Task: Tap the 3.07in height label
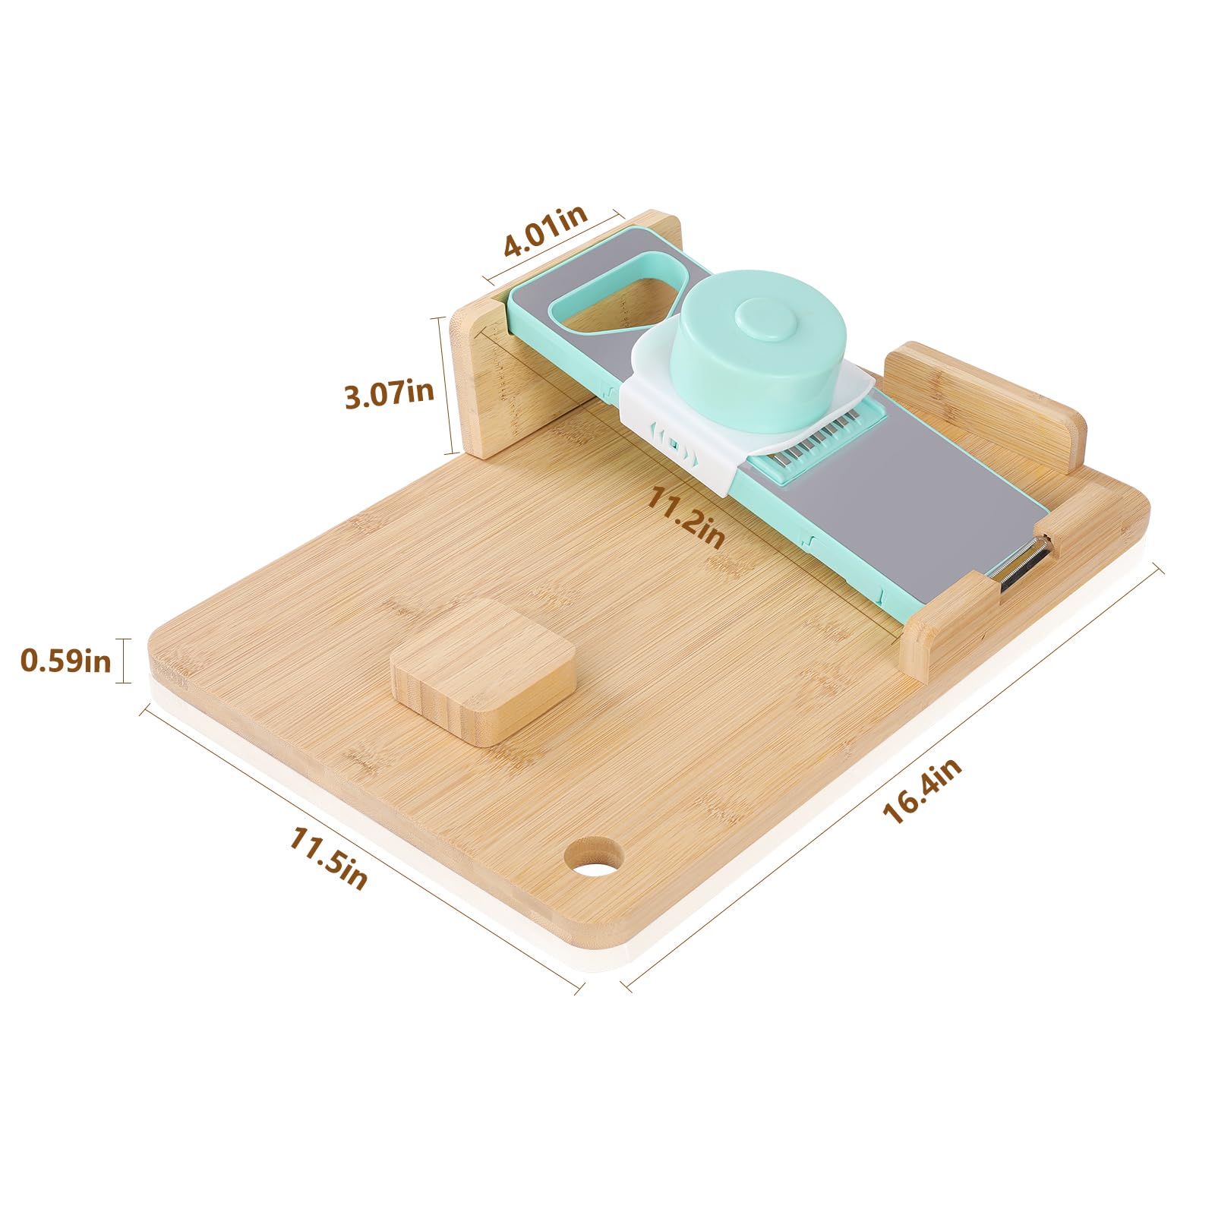[389, 393]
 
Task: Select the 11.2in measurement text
[685, 518]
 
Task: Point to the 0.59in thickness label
[65, 660]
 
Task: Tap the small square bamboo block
[483, 670]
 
